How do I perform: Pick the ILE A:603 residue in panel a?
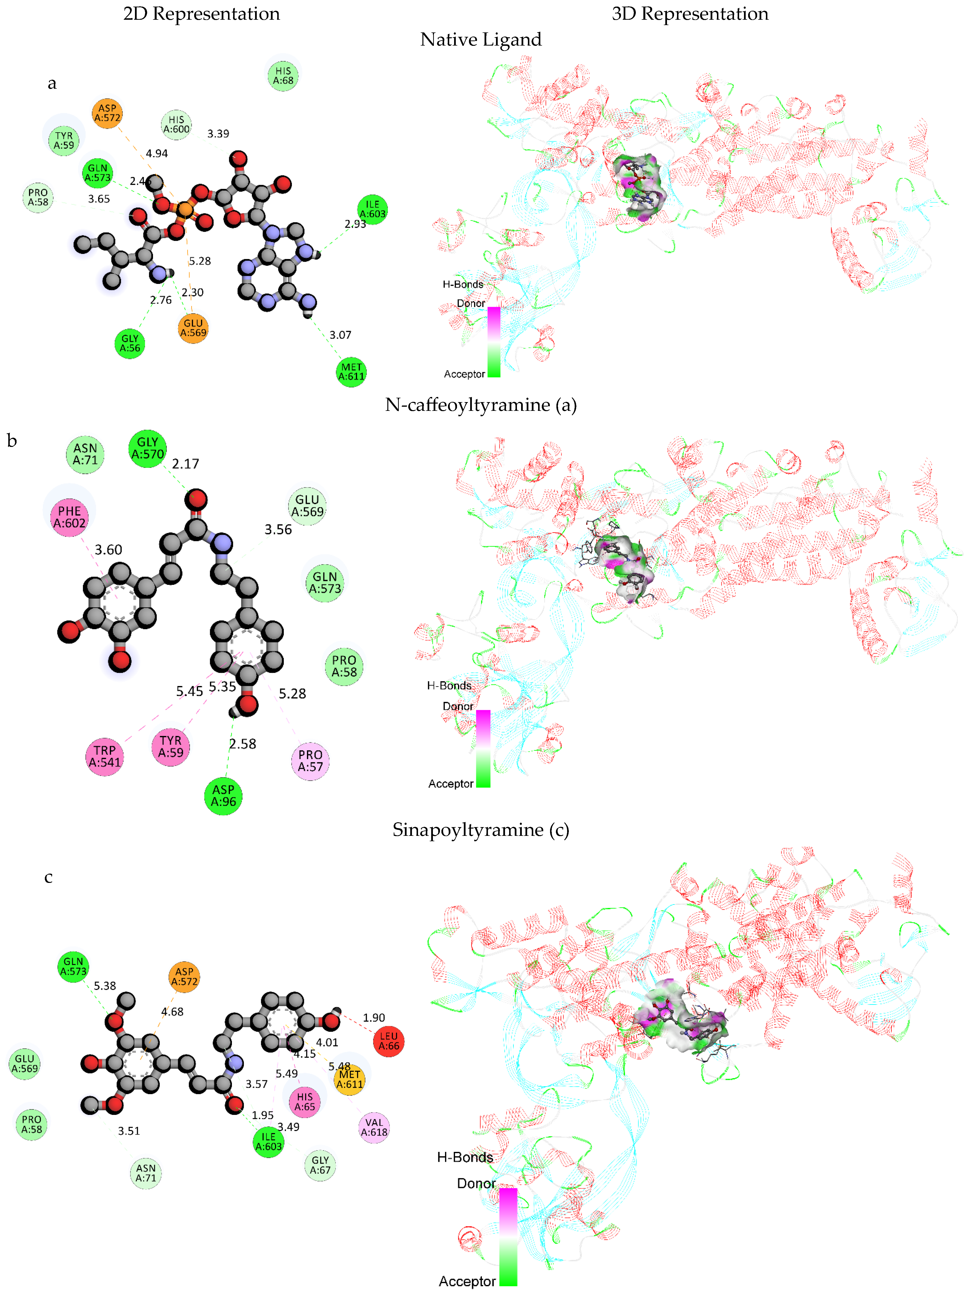(x=372, y=209)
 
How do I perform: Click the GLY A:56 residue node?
(x=130, y=343)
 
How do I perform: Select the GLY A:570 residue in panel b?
(x=147, y=448)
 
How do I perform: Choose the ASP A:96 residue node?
(x=223, y=796)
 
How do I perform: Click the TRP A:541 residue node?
(x=105, y=756)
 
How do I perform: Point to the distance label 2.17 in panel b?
(x=185, y=464)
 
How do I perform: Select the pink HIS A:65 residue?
(x=305, y=1101)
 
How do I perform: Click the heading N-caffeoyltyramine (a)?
(x=481, y=405)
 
